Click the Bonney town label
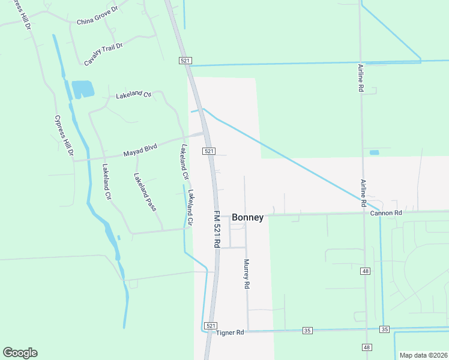tap(247, 218)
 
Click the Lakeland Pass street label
tap(145, 192)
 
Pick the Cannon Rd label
tap(386, 213)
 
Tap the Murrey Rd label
tap(246, 274)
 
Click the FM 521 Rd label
tap(217, 230)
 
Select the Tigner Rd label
tap(231, 332)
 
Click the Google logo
tap(20, 353)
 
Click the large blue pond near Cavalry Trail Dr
tap(83, 89)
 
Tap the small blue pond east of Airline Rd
tap(375, 152)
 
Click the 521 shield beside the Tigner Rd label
tap(210, 325)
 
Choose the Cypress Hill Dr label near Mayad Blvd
tap(62, 136)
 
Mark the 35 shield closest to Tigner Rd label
tap(308, 330)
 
